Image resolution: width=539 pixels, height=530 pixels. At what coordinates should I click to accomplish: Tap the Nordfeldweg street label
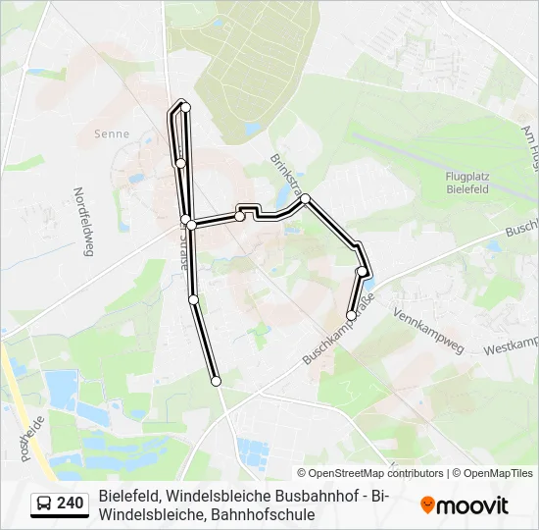click(x=82, y=222)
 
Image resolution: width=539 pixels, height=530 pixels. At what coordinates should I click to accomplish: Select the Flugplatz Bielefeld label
click(x=466, y=182)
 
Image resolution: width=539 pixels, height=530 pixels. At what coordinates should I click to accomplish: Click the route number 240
click(x=70, y=503)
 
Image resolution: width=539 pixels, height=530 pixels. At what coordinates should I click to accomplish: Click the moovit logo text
click(x=472, y=505)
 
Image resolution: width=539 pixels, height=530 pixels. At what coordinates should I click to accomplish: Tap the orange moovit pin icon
click(x=427, y=505)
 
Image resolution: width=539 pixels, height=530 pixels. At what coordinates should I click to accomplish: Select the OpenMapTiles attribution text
click(x=499, y=473)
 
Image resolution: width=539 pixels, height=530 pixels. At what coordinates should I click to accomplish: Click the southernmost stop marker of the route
click(x=216, y=381)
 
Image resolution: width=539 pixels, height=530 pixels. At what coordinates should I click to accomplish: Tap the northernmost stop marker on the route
click(x=185, y=106)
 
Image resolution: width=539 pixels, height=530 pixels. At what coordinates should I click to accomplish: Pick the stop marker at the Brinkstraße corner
click(x=306, y=198)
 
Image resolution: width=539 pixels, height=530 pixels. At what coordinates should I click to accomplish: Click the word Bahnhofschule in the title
click(x=264, y=513)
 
